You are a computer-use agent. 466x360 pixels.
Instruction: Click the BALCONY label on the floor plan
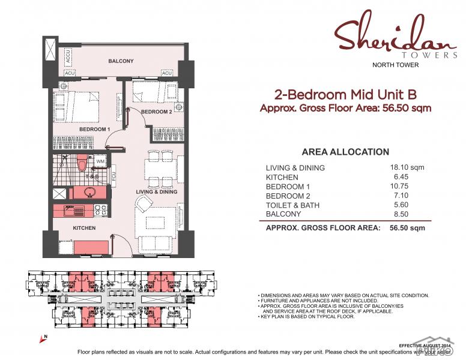pyautogui.click(x=121, y=61)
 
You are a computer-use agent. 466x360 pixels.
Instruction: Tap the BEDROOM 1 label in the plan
pyautogui.click(x=94, y=129)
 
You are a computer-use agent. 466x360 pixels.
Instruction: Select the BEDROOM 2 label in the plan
pyautogui.click(x=156, y=112)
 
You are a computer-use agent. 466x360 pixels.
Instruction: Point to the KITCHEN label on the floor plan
pyautogui.click(x=84, y=228)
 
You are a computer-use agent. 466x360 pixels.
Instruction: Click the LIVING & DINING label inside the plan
pyautogui.click(x=156, y=191)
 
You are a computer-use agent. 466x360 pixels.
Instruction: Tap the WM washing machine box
pyautogui.click(x=100, y=162)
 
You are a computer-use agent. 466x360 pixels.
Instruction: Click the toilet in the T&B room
pyautogui.click(x=82, y=163)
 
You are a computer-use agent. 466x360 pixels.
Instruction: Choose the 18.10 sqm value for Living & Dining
pyautogui.click(x=407, y=167)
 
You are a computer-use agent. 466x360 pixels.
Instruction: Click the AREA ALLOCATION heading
pyautogui.click(x=345, y=152)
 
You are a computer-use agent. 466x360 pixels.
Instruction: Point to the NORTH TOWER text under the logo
pyautogui.click(x=396, y=65)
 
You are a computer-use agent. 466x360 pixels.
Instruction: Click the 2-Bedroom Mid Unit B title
pyautogui.click(x=345, y=95)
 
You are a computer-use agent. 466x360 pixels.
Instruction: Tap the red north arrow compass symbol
pyautogui.click(x=43, y=340)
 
